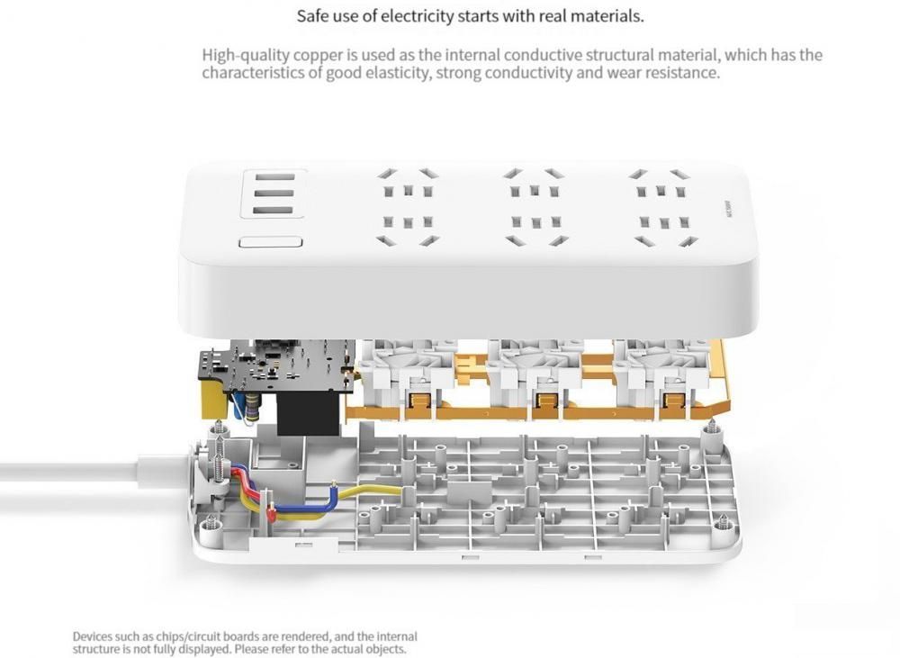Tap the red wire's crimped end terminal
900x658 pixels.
pyautogui.click(x=271, y=515)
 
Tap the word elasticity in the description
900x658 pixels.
pyautogui.click(x=396, y=73)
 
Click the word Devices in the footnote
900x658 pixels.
pyautogui.click(x=93, y=636)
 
